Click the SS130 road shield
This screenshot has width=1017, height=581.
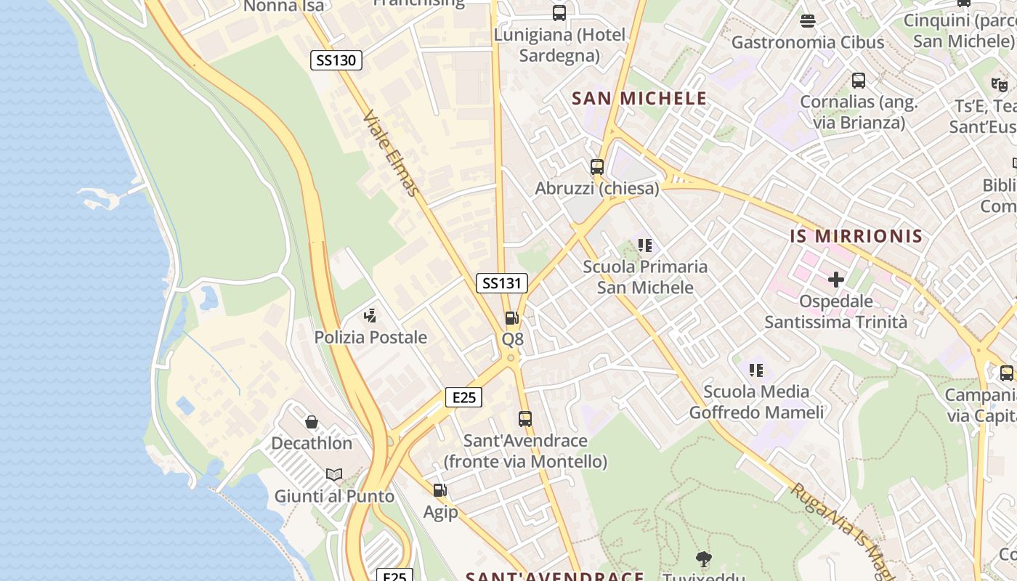[x=336, y=60]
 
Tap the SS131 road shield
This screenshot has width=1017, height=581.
[x=502, y=283]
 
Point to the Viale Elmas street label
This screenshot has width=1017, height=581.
[x=392, y=153]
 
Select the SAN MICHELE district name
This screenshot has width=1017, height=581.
[x=639, y=99]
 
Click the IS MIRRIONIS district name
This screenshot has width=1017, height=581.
[x=856, y=236]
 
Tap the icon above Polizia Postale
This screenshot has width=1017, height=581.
[x=370, y=316]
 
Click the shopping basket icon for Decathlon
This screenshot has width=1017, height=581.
[x=312, y=422]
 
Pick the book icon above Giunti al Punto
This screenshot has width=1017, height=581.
[x=334, y=475]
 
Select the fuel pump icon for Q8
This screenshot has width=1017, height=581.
[x=512, y=318]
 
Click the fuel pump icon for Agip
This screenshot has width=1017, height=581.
[x=440, y=491]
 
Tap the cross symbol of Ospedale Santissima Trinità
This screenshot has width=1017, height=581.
[x=835, y=279]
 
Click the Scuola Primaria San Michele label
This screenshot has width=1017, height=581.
[x=645, y=277]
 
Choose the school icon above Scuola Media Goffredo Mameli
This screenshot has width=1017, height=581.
[x=756, y=370]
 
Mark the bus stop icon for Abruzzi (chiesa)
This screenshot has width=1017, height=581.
[x=597, y=167]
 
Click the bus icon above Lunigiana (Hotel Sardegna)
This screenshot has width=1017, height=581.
[x=559, y=13]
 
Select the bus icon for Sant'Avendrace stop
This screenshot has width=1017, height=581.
[x=525, y=419]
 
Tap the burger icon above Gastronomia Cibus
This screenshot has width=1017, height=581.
[x=807, y=20]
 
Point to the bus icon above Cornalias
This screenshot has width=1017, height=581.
[x=859, y=81]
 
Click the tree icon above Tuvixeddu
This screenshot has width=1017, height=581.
[x=703, y=558]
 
